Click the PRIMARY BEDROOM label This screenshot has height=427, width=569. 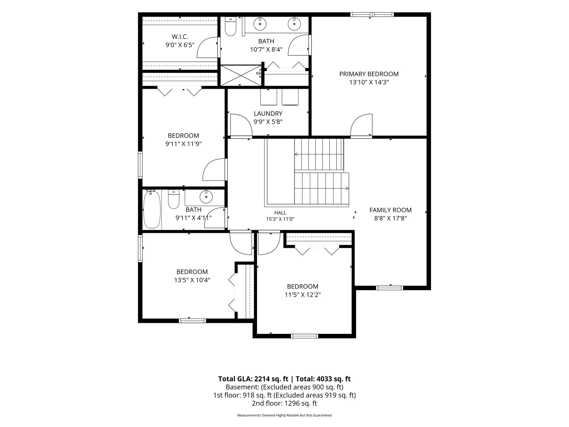(369, 74)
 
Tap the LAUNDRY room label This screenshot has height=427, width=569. (268, 114)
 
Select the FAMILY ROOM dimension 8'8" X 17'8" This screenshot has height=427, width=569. (390, 219)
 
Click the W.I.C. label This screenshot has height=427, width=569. (180, 37)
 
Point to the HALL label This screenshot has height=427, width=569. (280, 213)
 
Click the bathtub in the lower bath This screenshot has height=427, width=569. (152, 209)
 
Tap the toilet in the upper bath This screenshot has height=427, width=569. (230, 27)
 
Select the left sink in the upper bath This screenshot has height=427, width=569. (260, 24)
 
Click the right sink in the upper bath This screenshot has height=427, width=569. (294, 24)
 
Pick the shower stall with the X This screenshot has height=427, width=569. (240, 75)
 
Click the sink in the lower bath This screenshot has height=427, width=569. (206, 196)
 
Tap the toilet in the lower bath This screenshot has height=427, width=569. (173, 199)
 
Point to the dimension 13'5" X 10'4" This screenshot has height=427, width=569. (192, 280)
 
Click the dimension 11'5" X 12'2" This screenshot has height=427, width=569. (303, 295)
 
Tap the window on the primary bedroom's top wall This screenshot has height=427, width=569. (372, 14)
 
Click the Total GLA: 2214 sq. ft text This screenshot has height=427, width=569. (253, 379)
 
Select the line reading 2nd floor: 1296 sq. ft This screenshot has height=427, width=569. (284, 403)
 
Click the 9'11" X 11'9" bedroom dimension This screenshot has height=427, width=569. (183, 144)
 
